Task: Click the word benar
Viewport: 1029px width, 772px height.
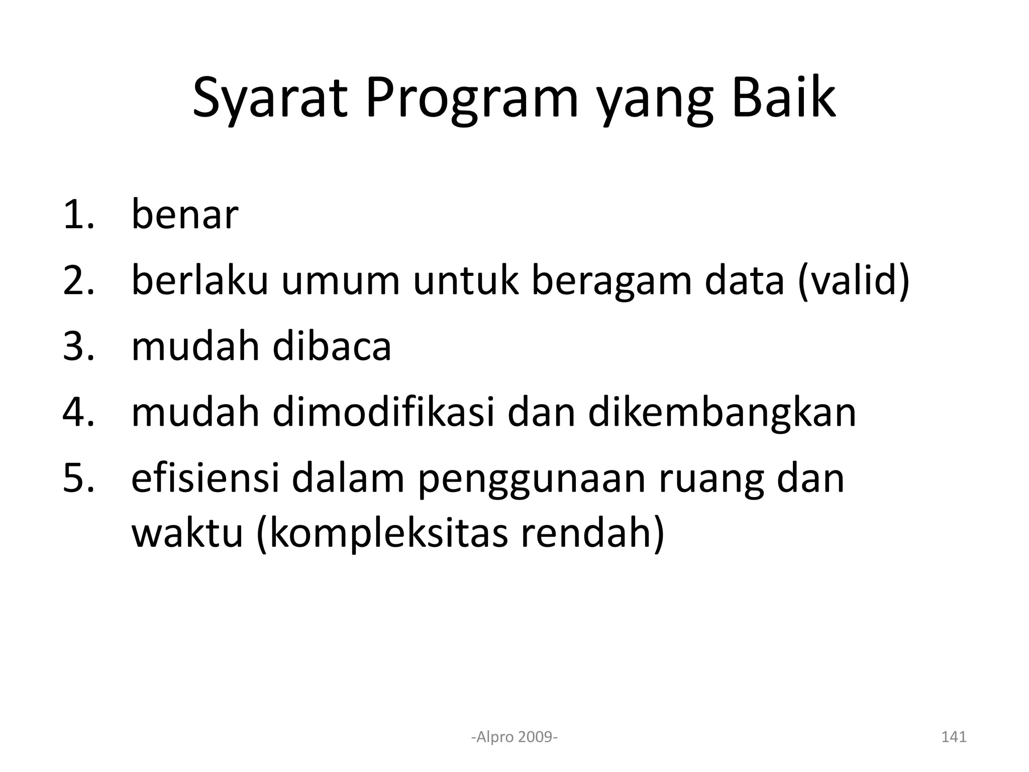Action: point(184,215)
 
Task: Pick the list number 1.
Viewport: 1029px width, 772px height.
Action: point(78,215)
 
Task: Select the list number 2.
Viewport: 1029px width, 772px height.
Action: point(78,281)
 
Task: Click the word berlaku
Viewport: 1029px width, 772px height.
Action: point(199,281)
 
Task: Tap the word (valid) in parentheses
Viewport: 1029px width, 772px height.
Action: point(853,281)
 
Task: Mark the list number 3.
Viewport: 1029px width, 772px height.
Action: point(78,347)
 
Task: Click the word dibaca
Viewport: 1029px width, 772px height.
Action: point(331,347)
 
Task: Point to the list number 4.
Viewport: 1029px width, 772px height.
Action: point(78,413)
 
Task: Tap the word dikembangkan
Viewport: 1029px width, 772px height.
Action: point(722,413)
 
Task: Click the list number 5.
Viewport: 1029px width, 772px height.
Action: point(78,478)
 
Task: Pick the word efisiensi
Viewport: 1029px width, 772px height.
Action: point(205,478)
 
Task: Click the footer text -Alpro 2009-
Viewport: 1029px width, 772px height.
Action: point(514,737)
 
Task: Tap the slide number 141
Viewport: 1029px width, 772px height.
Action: point(953,737)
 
